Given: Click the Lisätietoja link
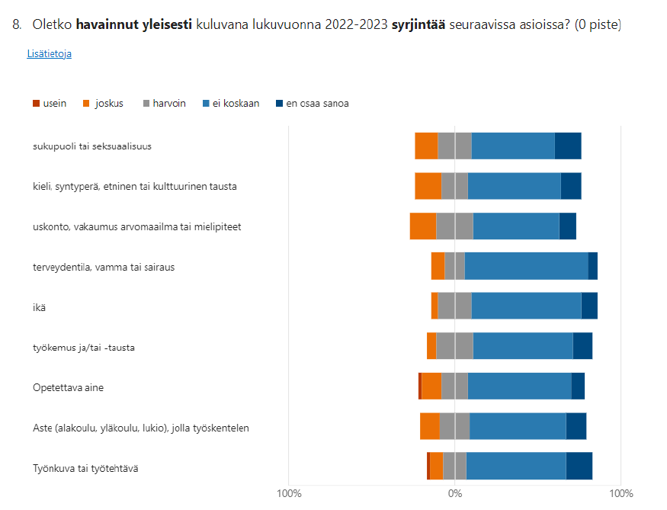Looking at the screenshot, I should pos(49,54).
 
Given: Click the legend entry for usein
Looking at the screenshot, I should pos(50,103).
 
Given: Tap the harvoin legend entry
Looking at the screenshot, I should pos(164,103).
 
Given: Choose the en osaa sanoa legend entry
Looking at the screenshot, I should pos(312,103).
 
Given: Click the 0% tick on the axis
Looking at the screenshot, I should pos(454,493).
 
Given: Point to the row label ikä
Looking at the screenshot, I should pos(39,307).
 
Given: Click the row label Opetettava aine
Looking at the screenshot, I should pos(68,387).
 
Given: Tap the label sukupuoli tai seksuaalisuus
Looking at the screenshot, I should pos(91,146).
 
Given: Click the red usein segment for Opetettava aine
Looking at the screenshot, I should pos(419,386).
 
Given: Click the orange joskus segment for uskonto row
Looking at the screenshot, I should pos(422,226).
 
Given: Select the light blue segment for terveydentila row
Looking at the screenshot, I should pos(526,266).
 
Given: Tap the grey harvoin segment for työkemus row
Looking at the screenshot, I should pos(454,346).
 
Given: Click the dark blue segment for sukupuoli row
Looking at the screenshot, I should pos(568,146).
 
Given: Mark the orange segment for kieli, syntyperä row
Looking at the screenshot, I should pos(428,186).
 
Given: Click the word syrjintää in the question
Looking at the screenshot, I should pos(418,25).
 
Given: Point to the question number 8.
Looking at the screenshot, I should pos(17,25).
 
